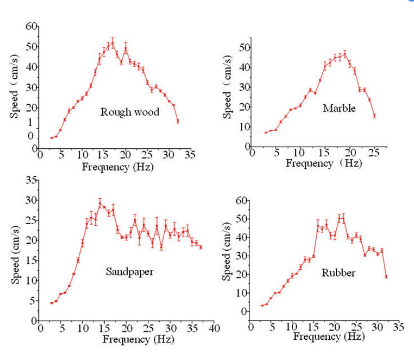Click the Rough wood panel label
click(x=130, y=112)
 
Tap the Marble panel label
click(x=339, y=108)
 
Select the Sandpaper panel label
click(x=131, y=271)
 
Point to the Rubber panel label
click(x=338, y=273)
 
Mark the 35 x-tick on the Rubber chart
click(x=398, y=327)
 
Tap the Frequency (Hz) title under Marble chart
click(x=324, y=164)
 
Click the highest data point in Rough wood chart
click(x=112, y=43)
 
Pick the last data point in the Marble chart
click(x=374, y=115)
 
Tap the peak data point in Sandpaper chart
click(x=100, y=202)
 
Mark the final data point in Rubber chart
click(x=386, y=276)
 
